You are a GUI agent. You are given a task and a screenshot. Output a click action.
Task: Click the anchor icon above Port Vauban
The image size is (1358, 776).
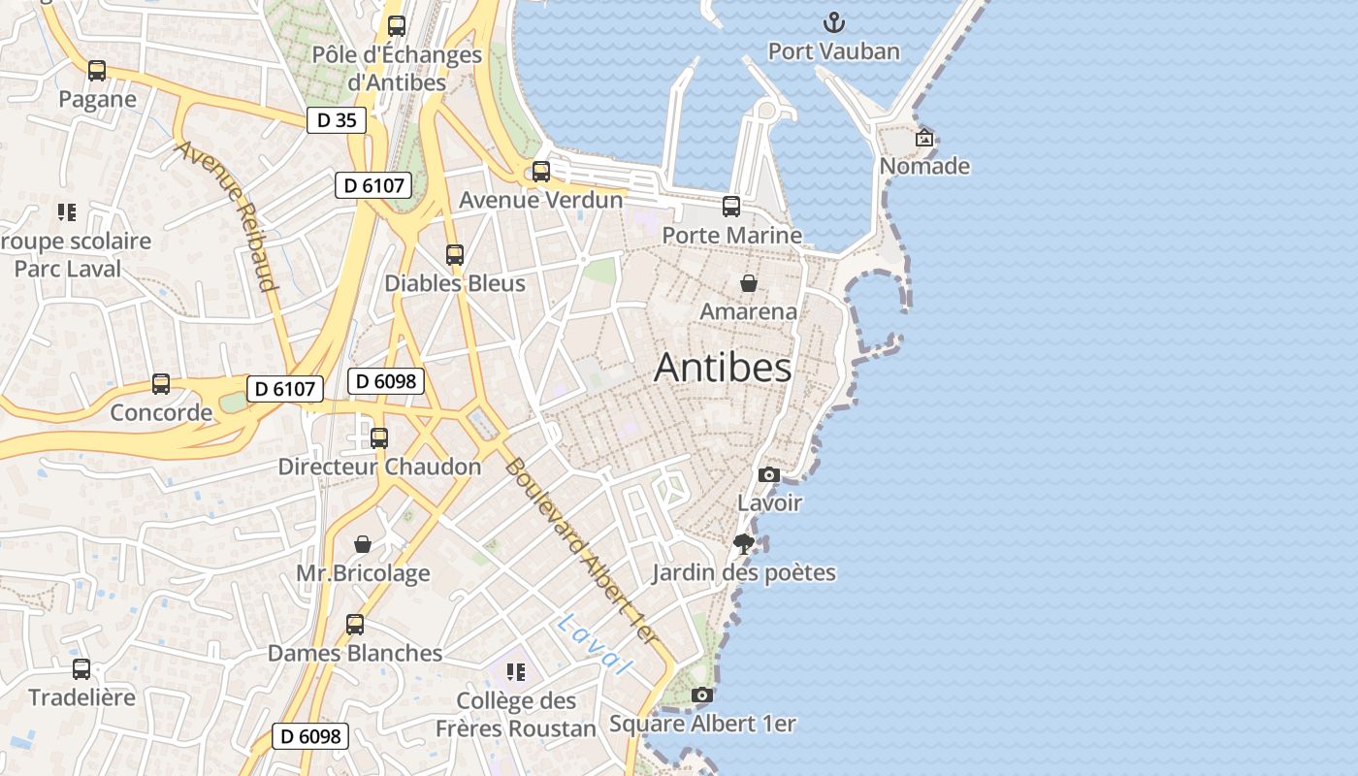pos(834,21)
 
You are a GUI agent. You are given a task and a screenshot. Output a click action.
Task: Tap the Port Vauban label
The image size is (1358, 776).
pos(834,51)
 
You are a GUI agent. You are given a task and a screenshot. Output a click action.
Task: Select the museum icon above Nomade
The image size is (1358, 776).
pos(924,138)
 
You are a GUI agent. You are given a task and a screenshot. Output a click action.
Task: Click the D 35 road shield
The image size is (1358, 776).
pos(337,120)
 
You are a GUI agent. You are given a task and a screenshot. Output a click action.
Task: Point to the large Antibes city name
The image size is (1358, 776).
pos(723,368)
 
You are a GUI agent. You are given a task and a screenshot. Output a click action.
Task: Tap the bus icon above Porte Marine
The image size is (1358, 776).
pos(731,206)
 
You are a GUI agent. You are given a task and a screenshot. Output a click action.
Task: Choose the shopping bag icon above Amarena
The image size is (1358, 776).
pos(749,283)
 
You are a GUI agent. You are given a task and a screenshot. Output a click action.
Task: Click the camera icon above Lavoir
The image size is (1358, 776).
pos(769,474)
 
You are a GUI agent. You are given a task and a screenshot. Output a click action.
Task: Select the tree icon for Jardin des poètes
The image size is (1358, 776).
pos(744,544)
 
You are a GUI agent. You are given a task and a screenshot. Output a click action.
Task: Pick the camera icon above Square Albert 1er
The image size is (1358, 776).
pos(702,695)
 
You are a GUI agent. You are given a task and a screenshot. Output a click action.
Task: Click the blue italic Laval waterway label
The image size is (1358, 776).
pos(595,644)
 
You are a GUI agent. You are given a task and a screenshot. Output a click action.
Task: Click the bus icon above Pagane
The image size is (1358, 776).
pos(97,71)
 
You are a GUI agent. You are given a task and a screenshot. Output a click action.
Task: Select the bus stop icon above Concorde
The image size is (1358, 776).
pos(161,384)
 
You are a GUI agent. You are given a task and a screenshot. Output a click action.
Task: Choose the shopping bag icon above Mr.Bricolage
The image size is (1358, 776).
pos(363,544)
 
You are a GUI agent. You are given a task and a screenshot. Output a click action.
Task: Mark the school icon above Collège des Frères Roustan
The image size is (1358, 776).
pos(516,671)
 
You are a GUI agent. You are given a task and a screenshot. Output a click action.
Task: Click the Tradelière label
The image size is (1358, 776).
pos(81,697)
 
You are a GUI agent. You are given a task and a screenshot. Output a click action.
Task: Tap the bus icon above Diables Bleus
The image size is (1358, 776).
pos(455,255)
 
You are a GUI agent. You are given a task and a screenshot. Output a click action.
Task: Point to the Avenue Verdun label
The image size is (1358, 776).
pos(540,200)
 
